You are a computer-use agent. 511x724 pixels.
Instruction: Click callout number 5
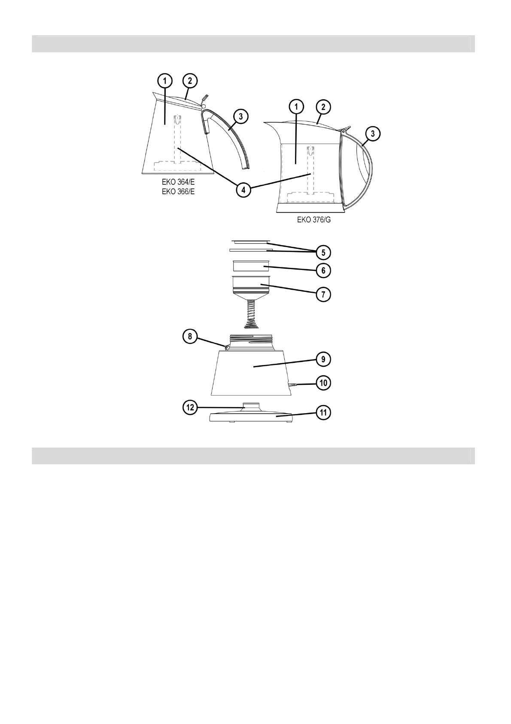pos(323,252)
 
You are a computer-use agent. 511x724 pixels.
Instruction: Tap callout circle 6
pos(323,270)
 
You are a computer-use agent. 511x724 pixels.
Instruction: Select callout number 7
pos(323,295)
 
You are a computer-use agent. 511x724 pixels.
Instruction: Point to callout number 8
pos(190,337)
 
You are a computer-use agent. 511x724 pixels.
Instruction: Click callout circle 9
pos(323,359)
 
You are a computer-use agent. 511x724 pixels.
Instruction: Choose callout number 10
pos(323,383)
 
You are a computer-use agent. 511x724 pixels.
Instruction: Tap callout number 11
pos(323,412)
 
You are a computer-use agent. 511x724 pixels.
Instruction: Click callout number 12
pos(190,408)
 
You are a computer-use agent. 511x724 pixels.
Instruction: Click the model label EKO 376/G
pos(314,220)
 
